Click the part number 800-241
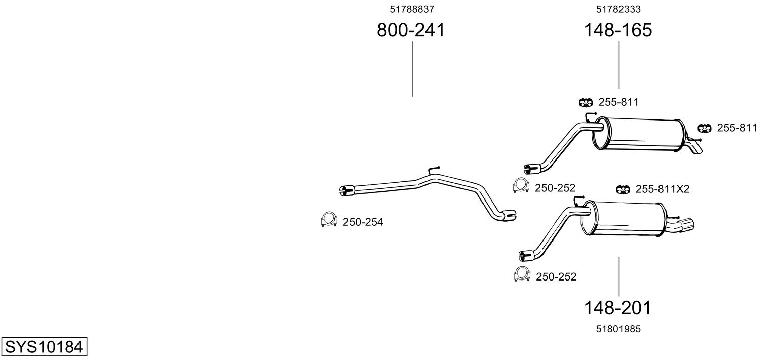point(411,30)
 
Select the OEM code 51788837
point(412,9)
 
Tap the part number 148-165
point(618,30)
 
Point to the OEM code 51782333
point(618,9)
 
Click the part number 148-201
point(617,307)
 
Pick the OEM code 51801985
point(618,329)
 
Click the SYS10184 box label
point(44,347)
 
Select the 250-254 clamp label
point(363,222)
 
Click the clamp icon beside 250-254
point(329,219)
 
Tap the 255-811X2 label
point(663,189)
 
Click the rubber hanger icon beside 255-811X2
point(623,189)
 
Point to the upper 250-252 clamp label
point(555,188)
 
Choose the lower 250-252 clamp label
point(556,276)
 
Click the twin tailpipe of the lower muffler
point(684,226)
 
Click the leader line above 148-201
point(618,276)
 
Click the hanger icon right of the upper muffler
point(705,128)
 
